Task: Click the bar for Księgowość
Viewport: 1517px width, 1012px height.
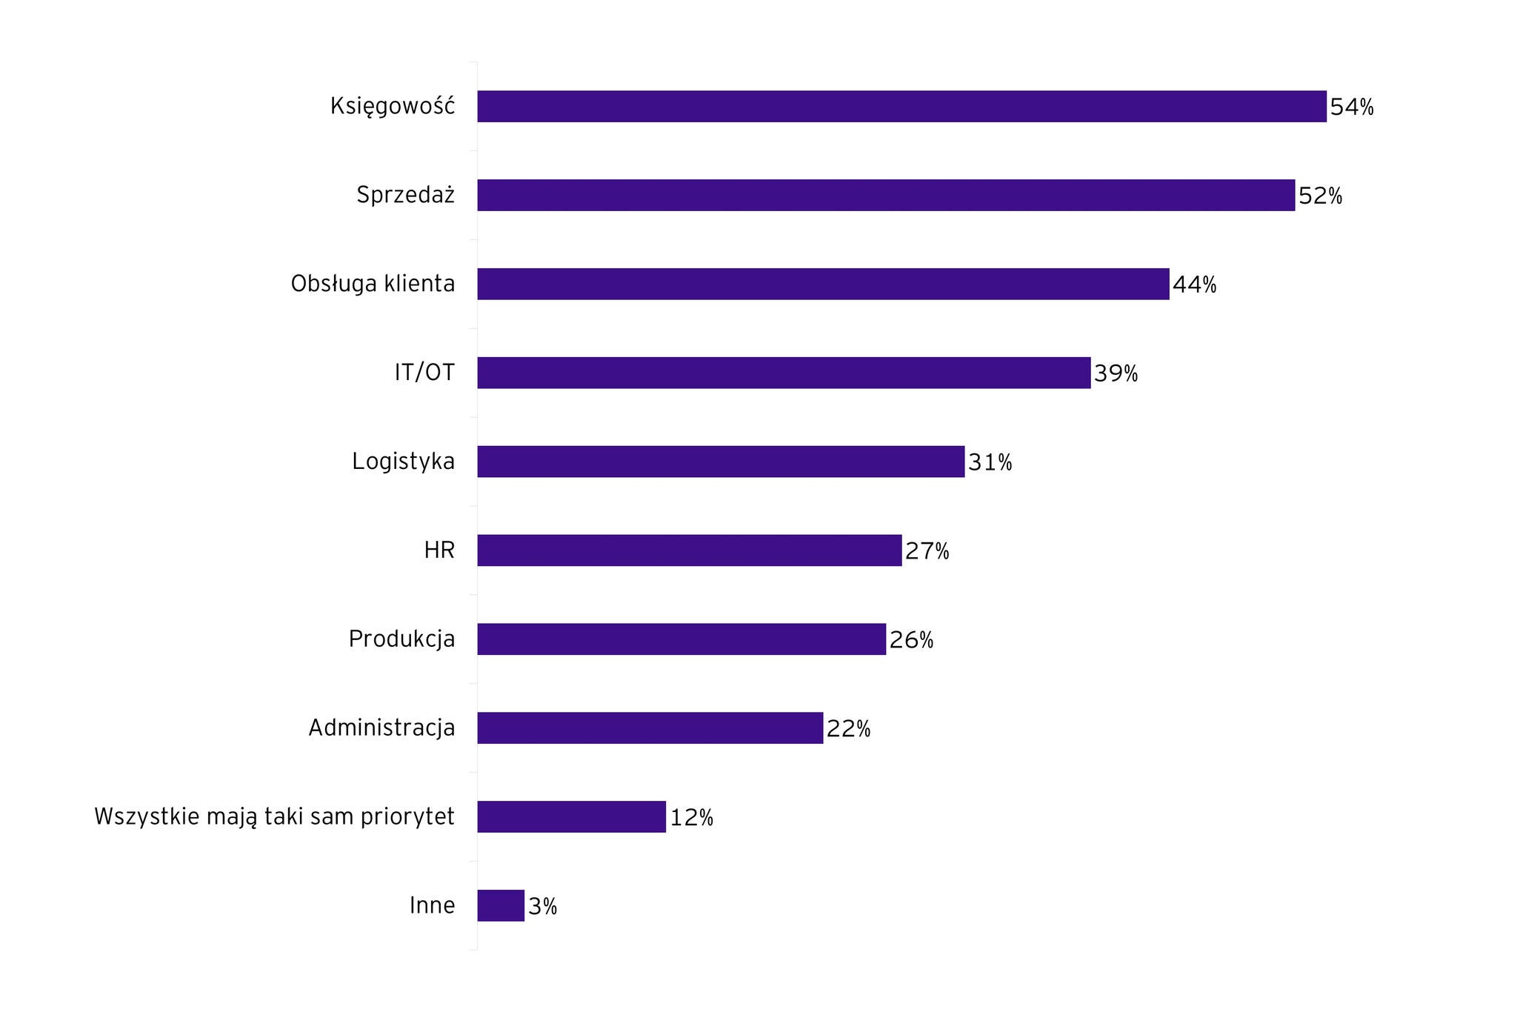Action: tap(901, 107)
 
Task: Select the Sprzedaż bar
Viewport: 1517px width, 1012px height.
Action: tap(886, 196)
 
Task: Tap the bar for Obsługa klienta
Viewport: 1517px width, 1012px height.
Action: tap(823, 284)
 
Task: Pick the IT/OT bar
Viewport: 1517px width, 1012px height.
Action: tap(784, 373)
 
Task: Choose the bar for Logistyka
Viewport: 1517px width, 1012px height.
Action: tap(721, 462)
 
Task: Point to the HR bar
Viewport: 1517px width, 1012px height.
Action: tap(690, 550)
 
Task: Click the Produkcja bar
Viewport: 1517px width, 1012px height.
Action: tap(681, 639)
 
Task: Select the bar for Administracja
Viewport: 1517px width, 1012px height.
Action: tap(650, 728)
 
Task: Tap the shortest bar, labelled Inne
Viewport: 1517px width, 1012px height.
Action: tap(501, 905)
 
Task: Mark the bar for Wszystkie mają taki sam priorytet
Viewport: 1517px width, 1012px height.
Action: tap(571, 816)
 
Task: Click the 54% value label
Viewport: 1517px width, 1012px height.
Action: tap(1352, 107)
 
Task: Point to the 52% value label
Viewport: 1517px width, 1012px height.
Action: tap(1320, 196)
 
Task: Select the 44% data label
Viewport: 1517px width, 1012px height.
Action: tap(1194, 285)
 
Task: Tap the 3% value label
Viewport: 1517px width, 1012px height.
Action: tap(542, 907)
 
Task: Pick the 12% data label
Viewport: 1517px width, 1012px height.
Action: tap(691, 818)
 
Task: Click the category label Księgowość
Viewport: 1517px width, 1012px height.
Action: tap(393, 107)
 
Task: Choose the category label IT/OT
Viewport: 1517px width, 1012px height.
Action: tap(424, 373)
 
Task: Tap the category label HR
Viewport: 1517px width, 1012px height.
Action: tap(439, 550)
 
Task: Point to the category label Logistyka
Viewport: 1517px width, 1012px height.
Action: tap(403, 462)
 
